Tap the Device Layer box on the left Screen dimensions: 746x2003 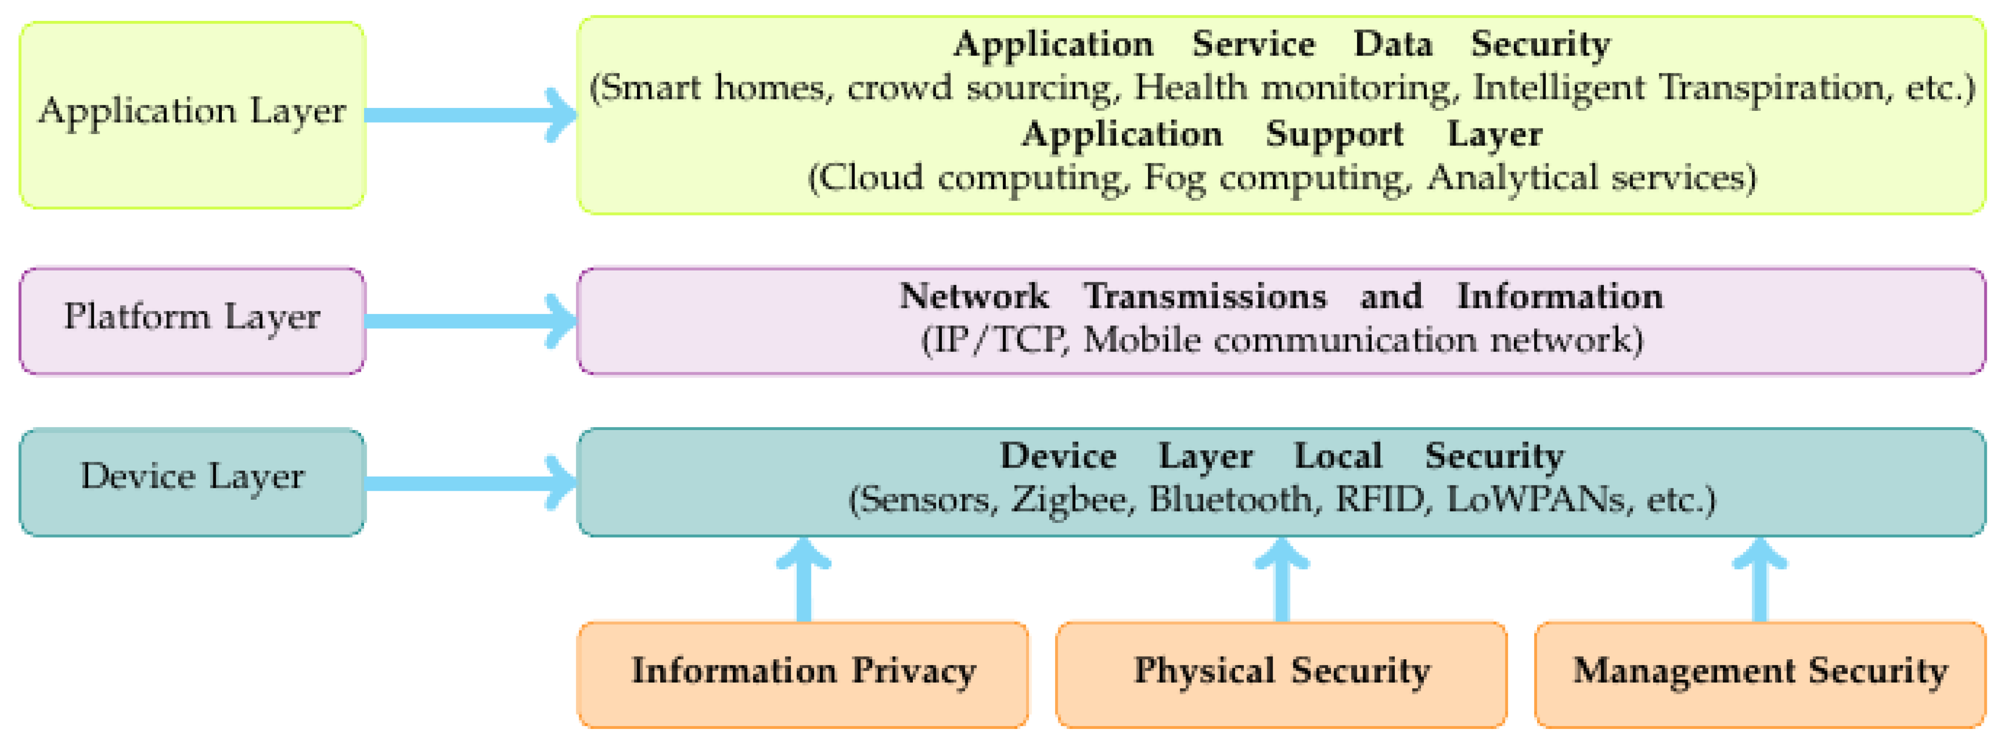[191, 482]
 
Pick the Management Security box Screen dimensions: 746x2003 [1760, 674]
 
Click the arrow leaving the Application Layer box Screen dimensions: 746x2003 [471, 115]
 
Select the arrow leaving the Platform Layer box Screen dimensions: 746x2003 [471, 321]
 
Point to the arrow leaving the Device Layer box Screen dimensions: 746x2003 [471, 483]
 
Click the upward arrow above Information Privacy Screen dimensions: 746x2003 [804, 579]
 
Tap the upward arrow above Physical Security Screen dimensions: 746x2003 [1282, 579]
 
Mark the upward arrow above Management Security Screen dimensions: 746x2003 [1760, 579]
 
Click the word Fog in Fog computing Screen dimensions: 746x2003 [1174, 179]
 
